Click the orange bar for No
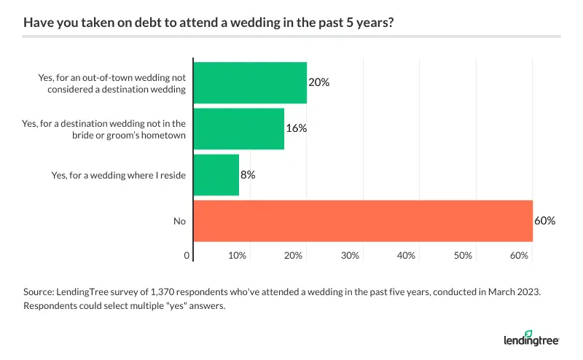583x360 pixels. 363,221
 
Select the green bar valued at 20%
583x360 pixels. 250,82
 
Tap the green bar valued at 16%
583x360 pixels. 238,128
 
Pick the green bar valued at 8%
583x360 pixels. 216,175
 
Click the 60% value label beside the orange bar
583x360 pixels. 545,221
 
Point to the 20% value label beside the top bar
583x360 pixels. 319,82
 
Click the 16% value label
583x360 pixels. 297,128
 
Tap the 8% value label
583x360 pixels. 249,175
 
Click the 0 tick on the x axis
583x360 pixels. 187,256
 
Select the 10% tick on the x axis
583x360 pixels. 237,256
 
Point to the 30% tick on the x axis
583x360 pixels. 351,256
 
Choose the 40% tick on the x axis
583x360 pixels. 407,256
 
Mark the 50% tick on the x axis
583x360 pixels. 463,256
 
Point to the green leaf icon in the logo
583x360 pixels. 544,333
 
